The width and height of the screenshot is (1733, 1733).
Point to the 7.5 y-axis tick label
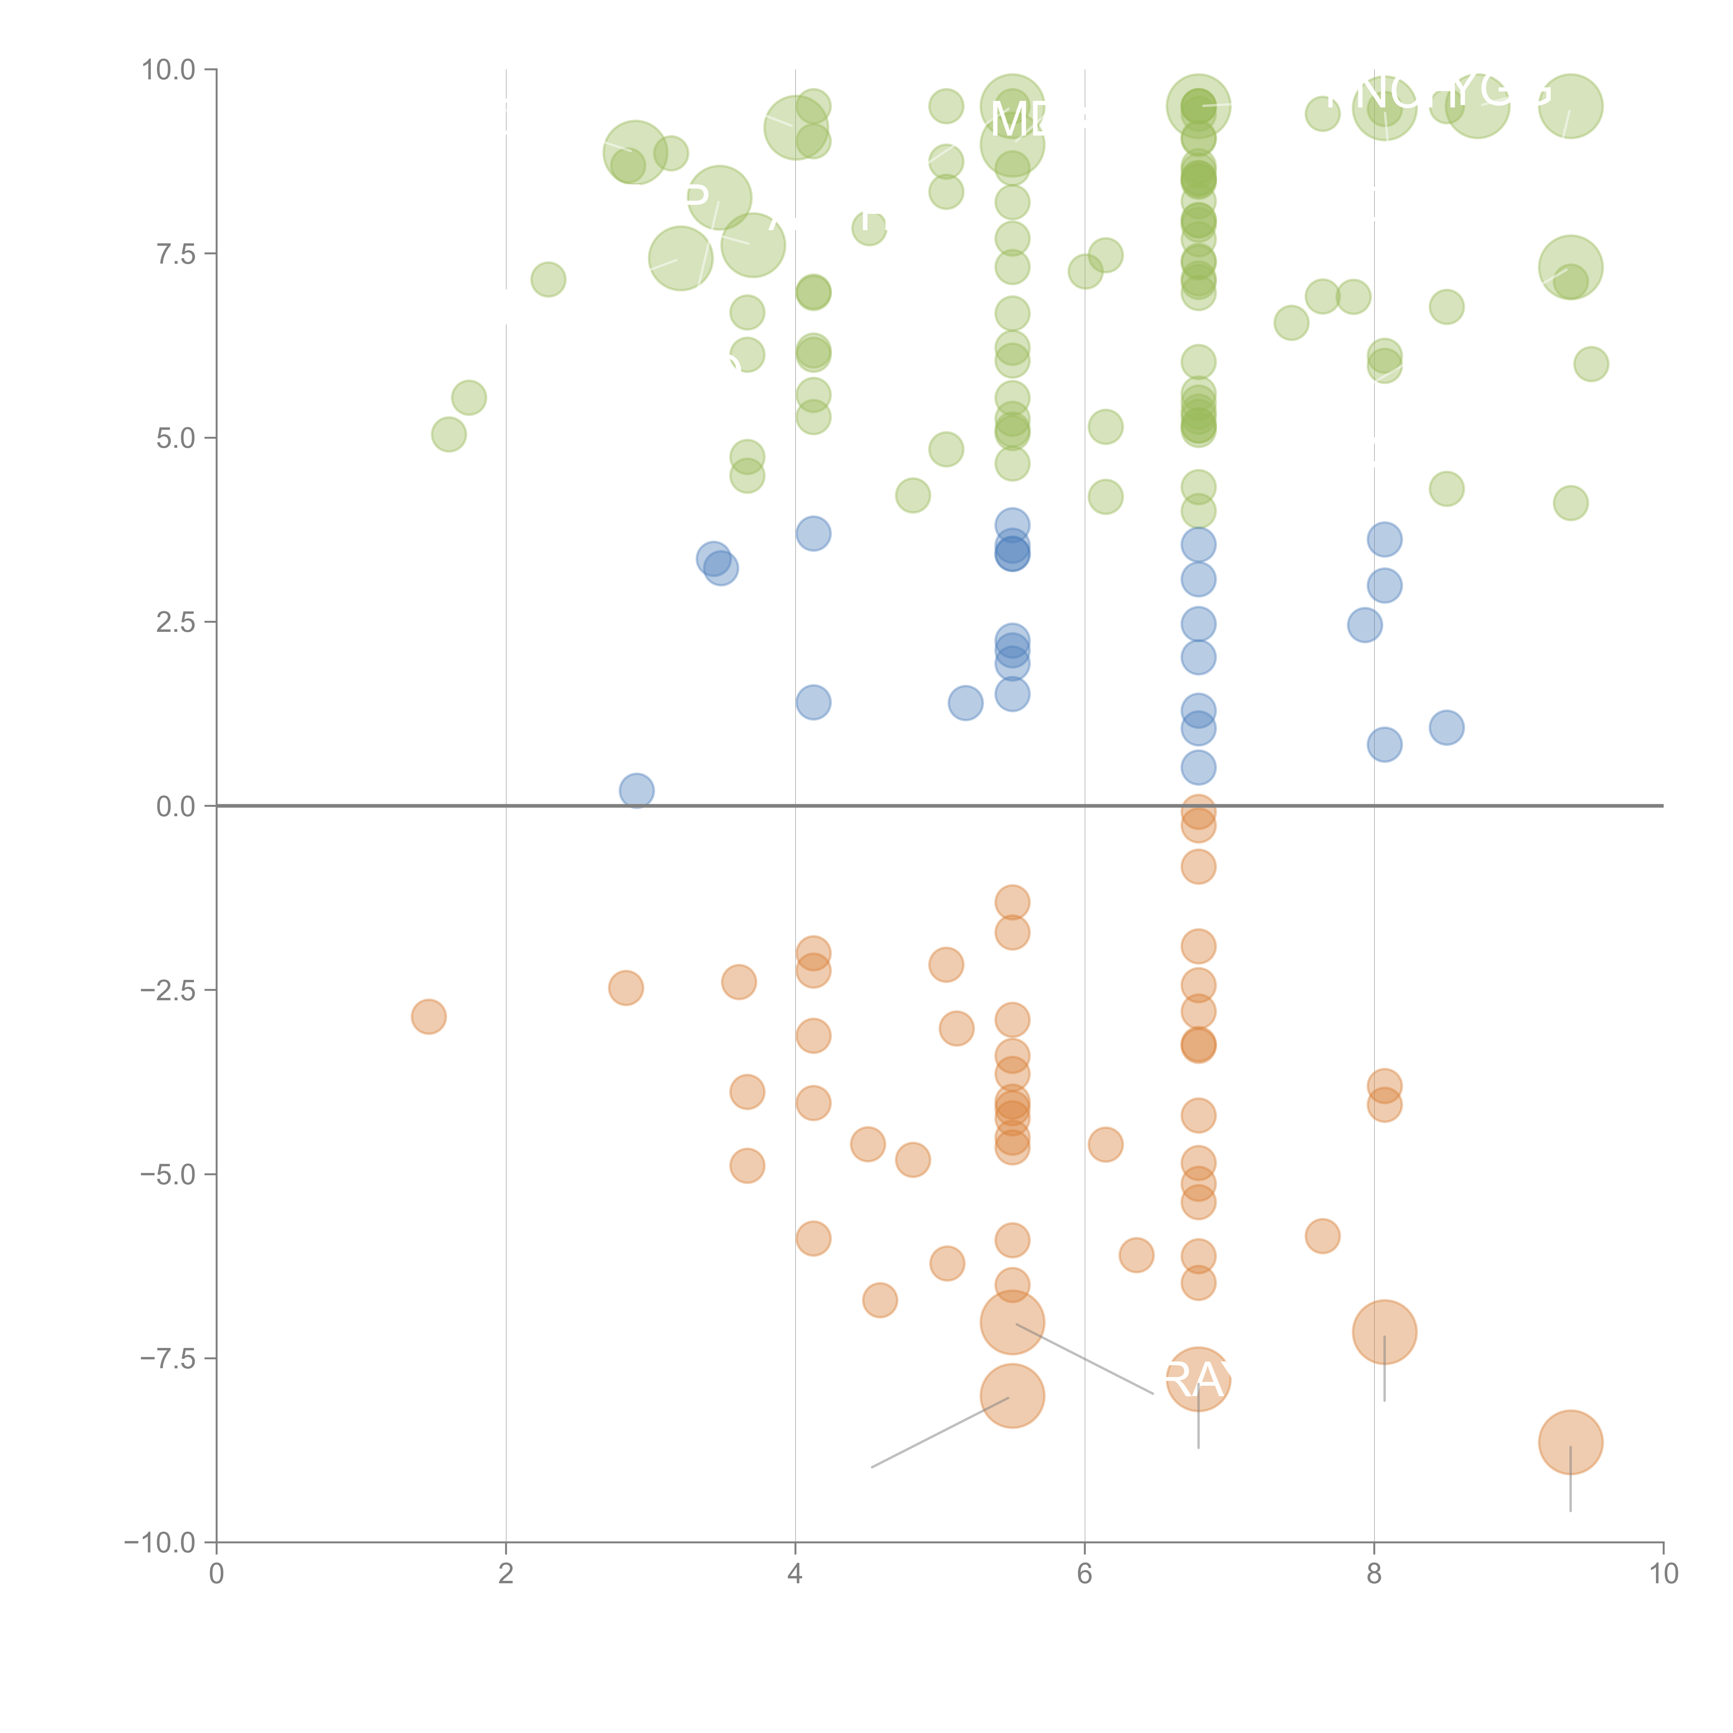tap(175, 255)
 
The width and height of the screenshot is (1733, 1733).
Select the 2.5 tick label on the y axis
tap(175, 622)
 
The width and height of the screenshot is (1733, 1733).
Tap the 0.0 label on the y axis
tap(175, 807)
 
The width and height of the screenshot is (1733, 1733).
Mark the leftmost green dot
tap(449, 435)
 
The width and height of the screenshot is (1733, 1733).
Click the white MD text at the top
tap(1018, 119)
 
